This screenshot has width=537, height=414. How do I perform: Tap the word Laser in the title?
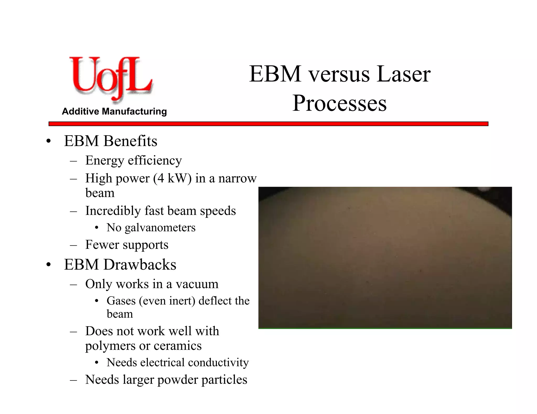click(404, 74)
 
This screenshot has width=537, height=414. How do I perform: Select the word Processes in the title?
click(339, 103)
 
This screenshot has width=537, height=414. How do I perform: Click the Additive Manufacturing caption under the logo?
click(114, 111)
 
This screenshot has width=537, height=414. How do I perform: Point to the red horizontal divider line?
click(268, 124)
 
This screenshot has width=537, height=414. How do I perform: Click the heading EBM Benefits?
click(110, 141)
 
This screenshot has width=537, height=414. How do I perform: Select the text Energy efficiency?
click(133, 160)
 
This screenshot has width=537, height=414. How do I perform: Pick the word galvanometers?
click(160, 228)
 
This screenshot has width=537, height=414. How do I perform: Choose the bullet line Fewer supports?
click(127, 245)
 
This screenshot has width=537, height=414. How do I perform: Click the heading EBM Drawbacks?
click(120, 265)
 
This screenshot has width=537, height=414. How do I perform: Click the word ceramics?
click(178, 346)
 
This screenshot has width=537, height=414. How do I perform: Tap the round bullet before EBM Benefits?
click(48, 142)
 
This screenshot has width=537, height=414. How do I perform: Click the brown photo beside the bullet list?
click(385, 258)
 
